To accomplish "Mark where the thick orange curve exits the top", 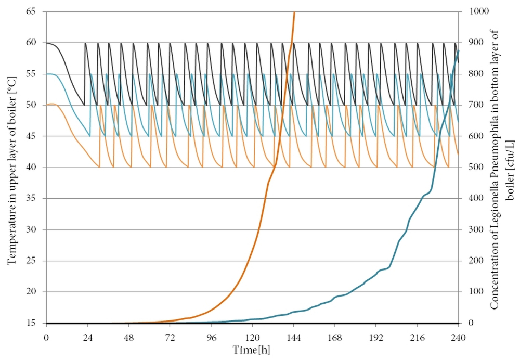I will tap(294, 12).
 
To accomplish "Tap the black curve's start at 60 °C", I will tap(47, 43).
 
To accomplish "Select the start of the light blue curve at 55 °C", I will tap(47, 74).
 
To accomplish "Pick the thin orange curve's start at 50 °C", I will tap(47, 105).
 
